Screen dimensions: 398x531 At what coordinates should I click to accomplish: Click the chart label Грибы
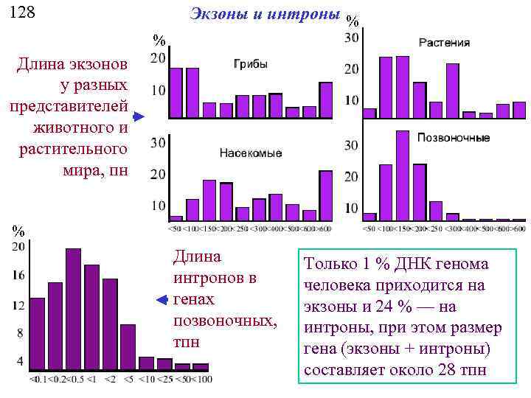point(250,64)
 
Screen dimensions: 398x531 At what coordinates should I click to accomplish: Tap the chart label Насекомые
point(250,153)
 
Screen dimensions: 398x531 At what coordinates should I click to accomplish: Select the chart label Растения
point(444,42)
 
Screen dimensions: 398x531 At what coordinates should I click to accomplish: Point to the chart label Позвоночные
point(453,138)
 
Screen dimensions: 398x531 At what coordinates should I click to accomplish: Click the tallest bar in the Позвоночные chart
point(402,174)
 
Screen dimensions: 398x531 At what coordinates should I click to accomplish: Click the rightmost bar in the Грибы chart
point(326,99)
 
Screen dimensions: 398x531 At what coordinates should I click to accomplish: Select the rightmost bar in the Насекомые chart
point(326,195)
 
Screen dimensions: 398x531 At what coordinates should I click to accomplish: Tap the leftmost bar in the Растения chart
point(369,113)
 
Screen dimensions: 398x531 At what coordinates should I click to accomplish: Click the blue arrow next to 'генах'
point(160,300)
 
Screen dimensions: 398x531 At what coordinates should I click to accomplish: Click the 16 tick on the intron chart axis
point(18,275)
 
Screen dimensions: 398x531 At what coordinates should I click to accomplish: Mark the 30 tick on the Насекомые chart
point(157,142)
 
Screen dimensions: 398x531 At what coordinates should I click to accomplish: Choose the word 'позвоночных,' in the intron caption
point(223,321)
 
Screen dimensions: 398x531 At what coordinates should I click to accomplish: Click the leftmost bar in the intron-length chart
point(37,332)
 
